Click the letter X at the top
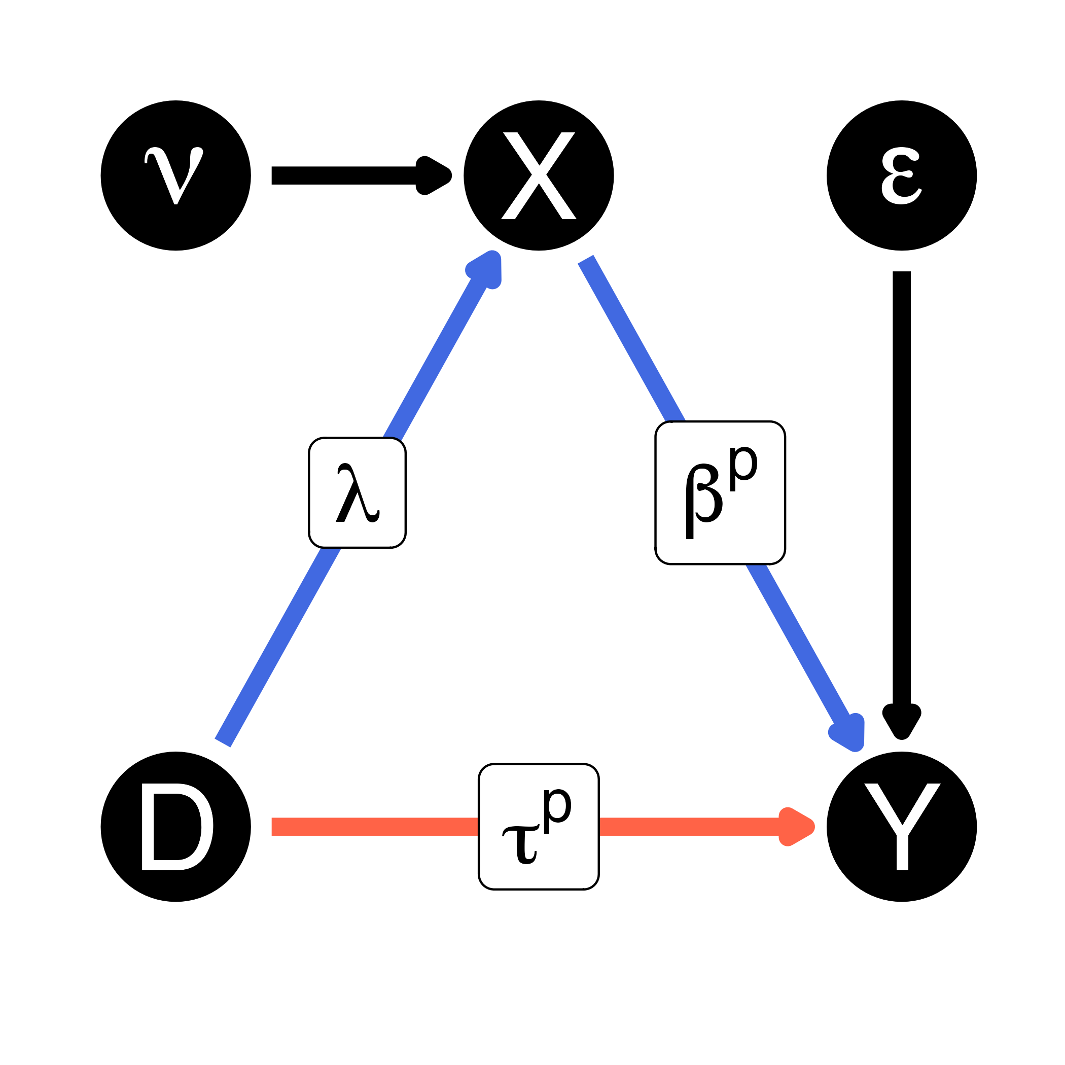click(539, 176)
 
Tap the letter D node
click(176, 826)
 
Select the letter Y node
click(902, 826)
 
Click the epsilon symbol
click(901, 176)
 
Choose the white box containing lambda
click(357, 493)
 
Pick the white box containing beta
click(720, 493)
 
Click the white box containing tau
click(539, 826)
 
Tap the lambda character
click(357, 493)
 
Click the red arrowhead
click(796, 826)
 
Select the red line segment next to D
click(375, 826)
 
